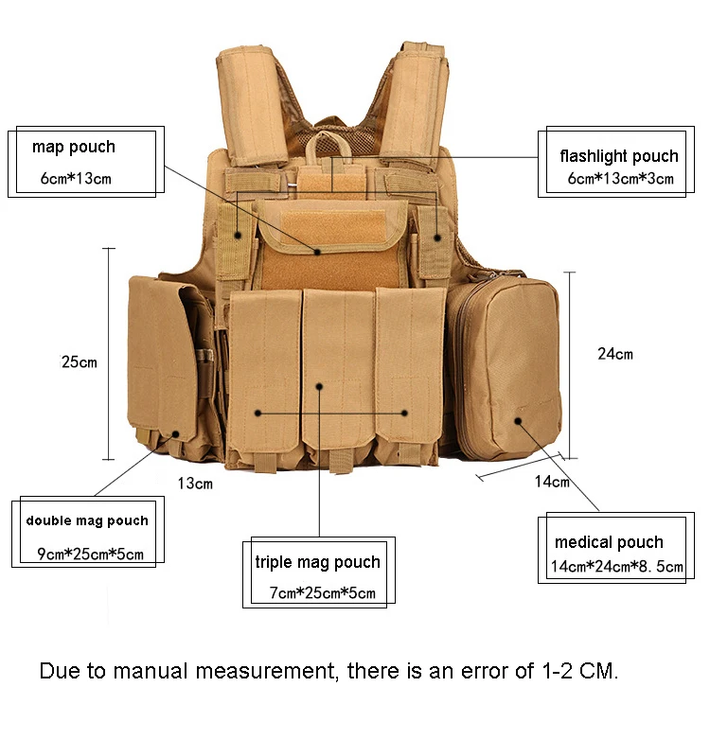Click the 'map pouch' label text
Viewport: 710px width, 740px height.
pos(74,148)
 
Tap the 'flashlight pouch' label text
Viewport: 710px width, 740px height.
pos(619,156)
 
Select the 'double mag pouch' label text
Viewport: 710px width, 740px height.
pos(87,521)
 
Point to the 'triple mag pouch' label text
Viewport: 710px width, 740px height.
pos(318,562)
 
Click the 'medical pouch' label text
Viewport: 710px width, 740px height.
pos(609,542)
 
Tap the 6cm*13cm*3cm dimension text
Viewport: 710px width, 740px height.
pos(620,179)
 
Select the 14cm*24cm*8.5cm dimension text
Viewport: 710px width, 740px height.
pos(617,566)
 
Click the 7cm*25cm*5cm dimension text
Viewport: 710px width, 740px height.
pos(323,592)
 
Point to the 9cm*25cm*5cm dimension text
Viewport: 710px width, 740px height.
pos(90,554)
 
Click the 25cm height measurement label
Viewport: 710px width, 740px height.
pos(80,362)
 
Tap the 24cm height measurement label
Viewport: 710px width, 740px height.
pos(615,354)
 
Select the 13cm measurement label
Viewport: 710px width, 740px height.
pos(195,484)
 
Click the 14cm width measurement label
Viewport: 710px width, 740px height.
pos(552,482)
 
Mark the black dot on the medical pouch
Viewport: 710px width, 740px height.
pos(518,421)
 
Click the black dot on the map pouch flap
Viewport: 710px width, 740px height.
pos(318,252)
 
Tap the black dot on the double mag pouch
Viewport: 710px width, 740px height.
pos(176,433)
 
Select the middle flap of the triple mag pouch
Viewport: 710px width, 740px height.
pos(339,368)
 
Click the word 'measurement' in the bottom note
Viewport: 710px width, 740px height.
pos(265,671)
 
